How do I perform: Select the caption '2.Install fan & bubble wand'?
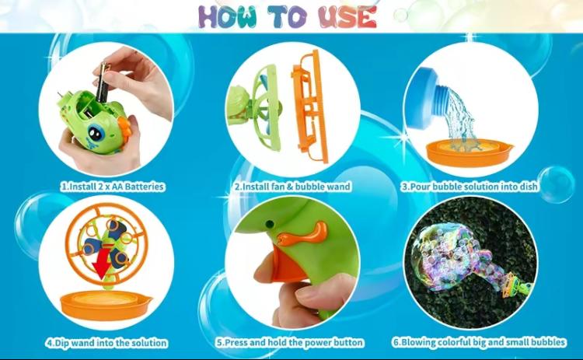click(292, 187)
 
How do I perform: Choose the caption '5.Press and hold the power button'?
click(290, 342)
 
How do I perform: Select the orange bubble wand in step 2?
click(309, 105)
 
